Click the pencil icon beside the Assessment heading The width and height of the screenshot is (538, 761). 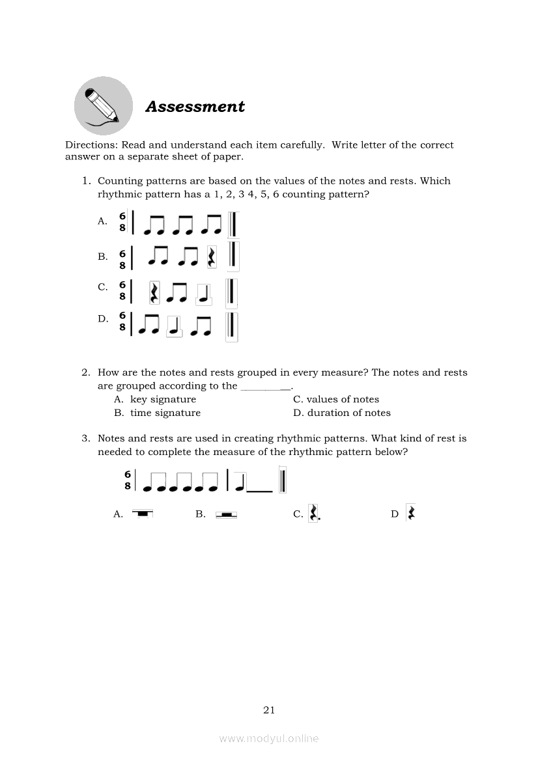point(104,105)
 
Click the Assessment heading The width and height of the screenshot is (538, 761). point(195,107)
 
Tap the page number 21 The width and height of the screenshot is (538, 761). point(269,710)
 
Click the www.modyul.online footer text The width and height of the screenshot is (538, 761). point(269,738)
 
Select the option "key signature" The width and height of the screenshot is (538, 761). point(163,400)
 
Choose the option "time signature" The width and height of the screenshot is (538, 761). point(165,413)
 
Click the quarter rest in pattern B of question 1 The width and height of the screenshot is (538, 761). point(211,257)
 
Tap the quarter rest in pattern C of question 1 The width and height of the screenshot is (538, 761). point(154,292)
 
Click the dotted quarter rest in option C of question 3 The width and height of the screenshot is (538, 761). point(313,514)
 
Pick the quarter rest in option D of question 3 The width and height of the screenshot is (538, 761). point(411,513)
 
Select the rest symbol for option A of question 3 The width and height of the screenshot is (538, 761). point(142,514)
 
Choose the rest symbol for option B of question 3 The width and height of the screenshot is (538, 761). point(226,514)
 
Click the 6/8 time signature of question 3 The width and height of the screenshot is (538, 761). point(128,480)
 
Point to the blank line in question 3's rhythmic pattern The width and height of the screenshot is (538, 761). point(260,491)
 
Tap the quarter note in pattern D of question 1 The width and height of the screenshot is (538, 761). point(173,327)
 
